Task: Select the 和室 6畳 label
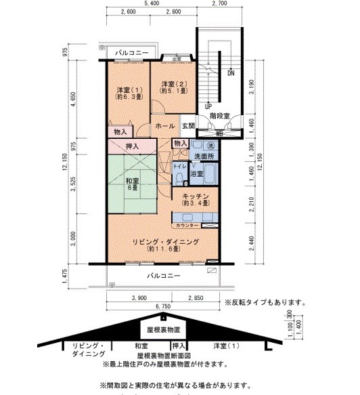[133, 185]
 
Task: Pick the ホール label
[166, 126]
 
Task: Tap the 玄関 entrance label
[188, 126]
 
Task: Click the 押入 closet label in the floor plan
[133, 146]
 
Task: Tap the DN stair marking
[231, 72]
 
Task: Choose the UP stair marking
[208, 106]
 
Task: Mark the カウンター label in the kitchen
[187, 225]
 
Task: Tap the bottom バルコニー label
[164, 275]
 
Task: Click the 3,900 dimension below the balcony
[139, 298]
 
